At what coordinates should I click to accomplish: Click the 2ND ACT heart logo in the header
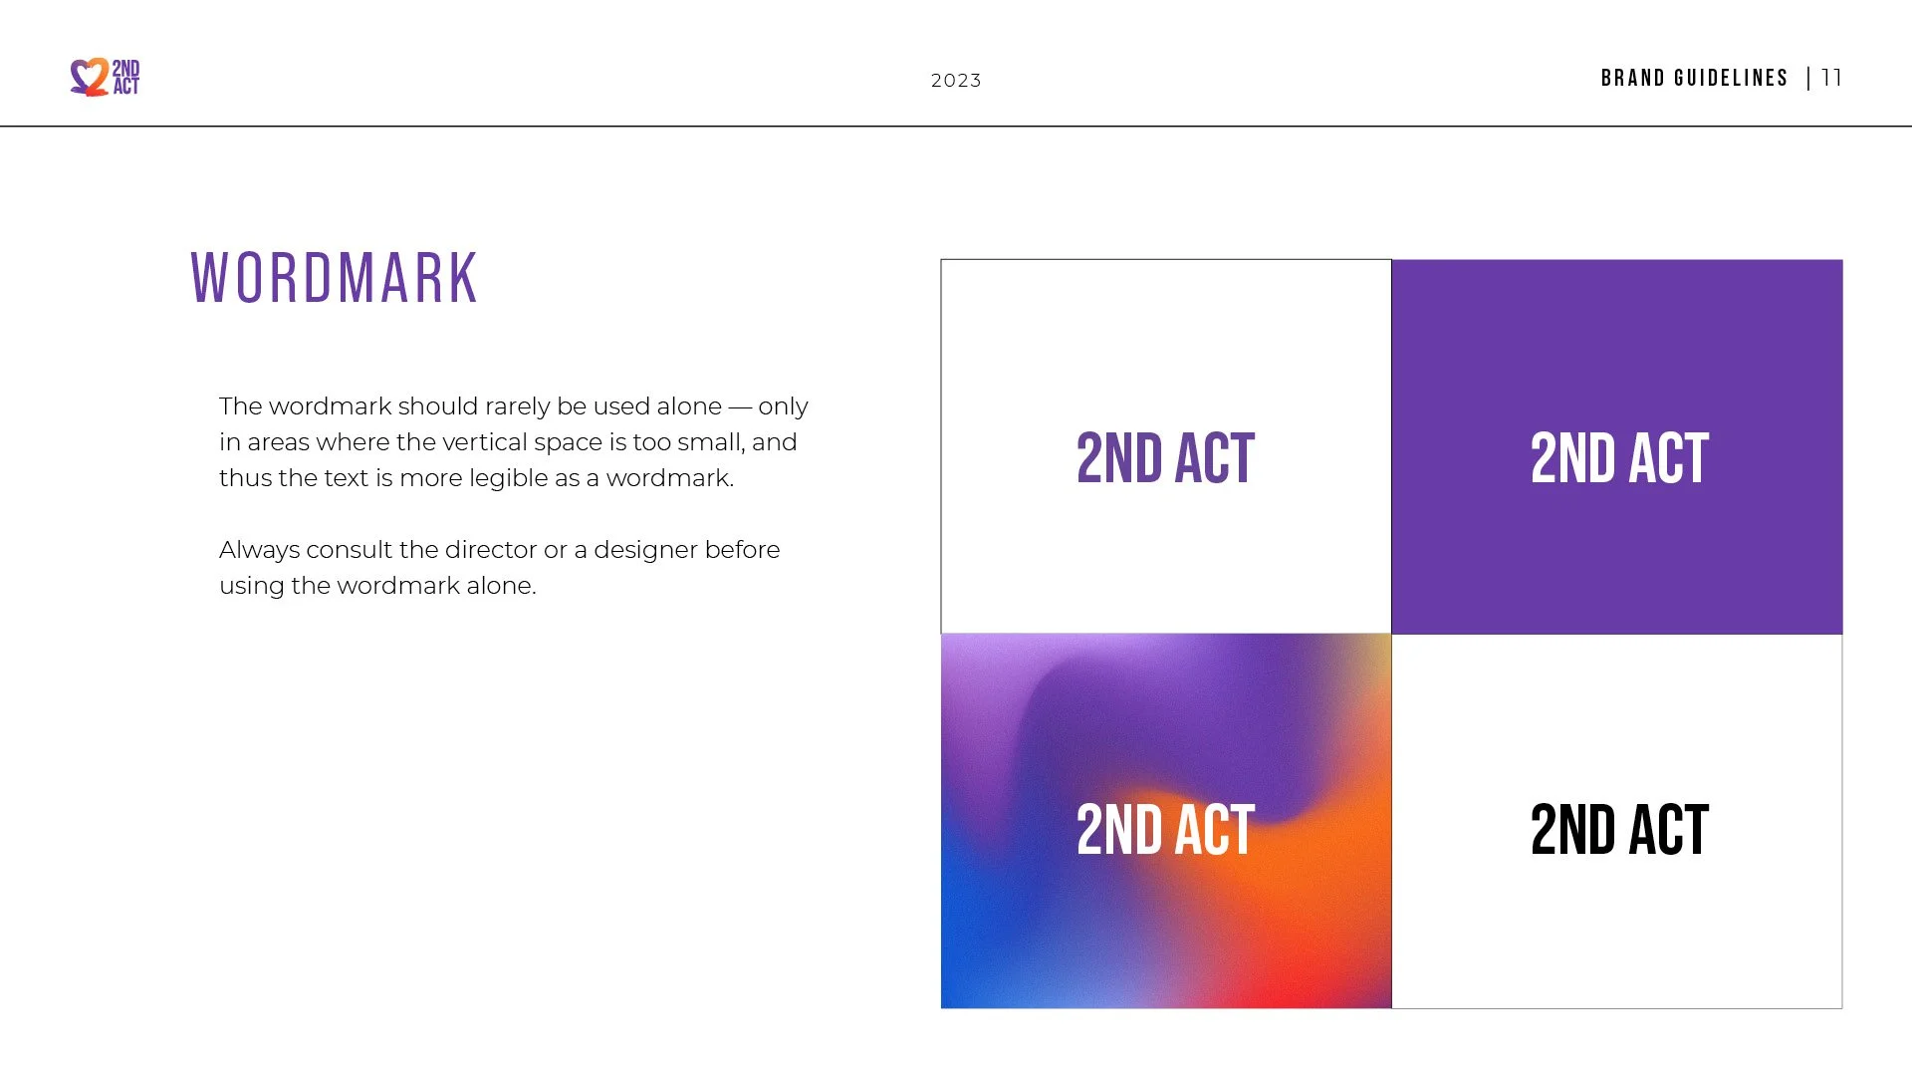[x=105, y=77]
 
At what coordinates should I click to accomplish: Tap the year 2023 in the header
[x=956, y=81]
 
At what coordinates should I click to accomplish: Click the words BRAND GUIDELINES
[x=1694, y=78]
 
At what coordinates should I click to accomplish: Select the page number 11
[x=1831, y=78]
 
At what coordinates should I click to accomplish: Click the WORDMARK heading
[x=335, y=278]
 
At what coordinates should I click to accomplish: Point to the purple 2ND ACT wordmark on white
[x=1165, y=458]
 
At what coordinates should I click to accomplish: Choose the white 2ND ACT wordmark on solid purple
[x=1619, y=458]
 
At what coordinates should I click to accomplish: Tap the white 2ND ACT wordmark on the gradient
[x=1165, y=830]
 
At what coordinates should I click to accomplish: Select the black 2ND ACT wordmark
[x=1619, y=830]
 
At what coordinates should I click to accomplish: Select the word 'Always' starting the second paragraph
[x=259, y=551]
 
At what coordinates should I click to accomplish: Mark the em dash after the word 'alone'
[x=740, y=407]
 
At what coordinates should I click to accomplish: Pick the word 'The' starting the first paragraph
[x=240, y=406]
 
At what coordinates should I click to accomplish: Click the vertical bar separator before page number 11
[x=1808, y=78]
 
